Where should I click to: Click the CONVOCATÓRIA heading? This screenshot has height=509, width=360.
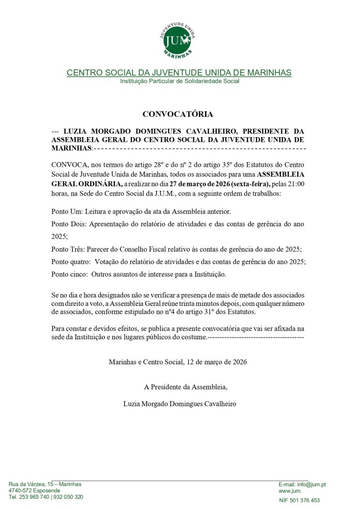point(178,114)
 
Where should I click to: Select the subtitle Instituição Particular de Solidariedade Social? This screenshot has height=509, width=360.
point(180,81)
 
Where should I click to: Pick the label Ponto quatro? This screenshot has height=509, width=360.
point(71,262)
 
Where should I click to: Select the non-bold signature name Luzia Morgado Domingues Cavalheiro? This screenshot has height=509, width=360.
point(179,403)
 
